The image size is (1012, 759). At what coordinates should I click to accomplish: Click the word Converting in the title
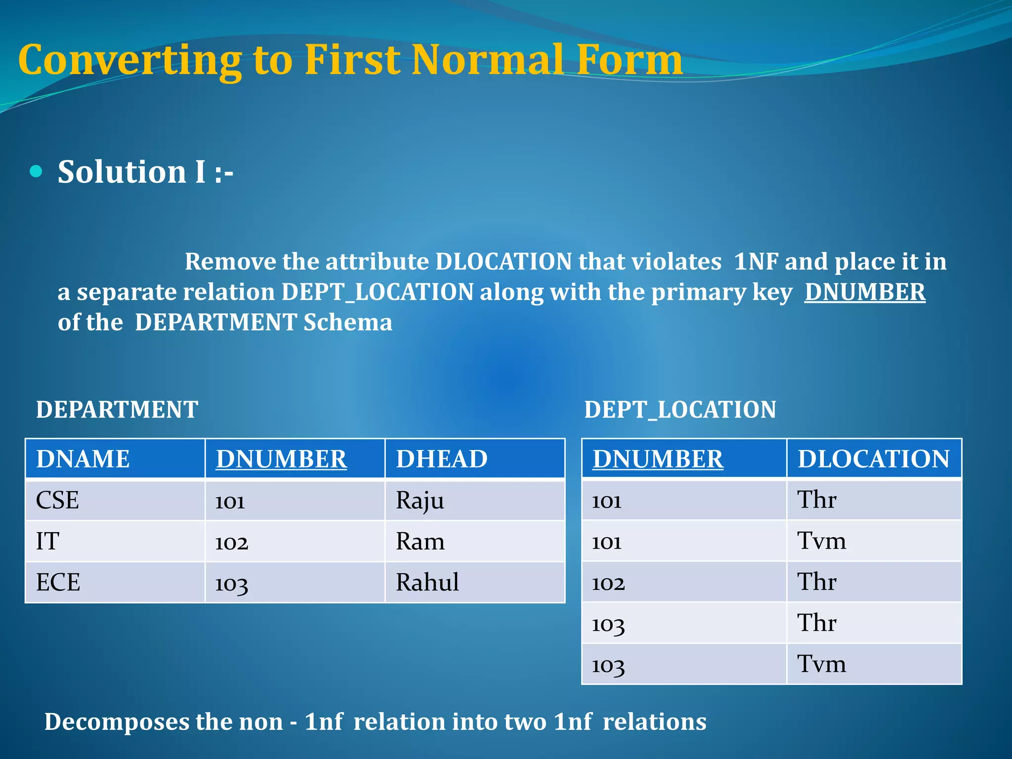(129, 60)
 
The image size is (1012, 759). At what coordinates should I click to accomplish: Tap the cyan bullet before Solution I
(36, 171)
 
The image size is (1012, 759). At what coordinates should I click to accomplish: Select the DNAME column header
(83, 459)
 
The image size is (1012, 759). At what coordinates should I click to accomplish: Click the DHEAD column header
(442, 459)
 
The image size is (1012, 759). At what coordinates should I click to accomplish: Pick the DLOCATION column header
(874, 459)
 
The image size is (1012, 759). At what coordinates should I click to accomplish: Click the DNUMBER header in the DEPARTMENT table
(281, 459)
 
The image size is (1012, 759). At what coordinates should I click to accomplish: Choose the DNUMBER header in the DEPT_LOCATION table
(658, 459)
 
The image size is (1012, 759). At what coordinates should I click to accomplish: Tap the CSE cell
(57, 500)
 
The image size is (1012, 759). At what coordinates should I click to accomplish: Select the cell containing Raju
(420, 500)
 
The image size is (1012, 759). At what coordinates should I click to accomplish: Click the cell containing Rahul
(427, 582)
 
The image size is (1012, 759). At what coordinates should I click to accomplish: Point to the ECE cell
(58, 582)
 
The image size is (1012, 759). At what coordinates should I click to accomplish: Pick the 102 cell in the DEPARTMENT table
(231, 542)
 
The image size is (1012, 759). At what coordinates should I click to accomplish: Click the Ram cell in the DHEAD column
(420, 542)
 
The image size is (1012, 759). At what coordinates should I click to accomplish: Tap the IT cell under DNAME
(47, 542)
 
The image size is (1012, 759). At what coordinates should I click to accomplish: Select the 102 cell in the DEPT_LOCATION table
(608, 583)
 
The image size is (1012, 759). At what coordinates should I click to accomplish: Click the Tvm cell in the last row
(821, 664)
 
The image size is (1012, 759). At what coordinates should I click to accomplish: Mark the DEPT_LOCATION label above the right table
(680, 410)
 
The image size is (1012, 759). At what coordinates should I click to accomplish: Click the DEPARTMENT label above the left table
(117, 410)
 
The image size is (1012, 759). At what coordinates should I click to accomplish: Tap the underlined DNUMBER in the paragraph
(865, 292)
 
